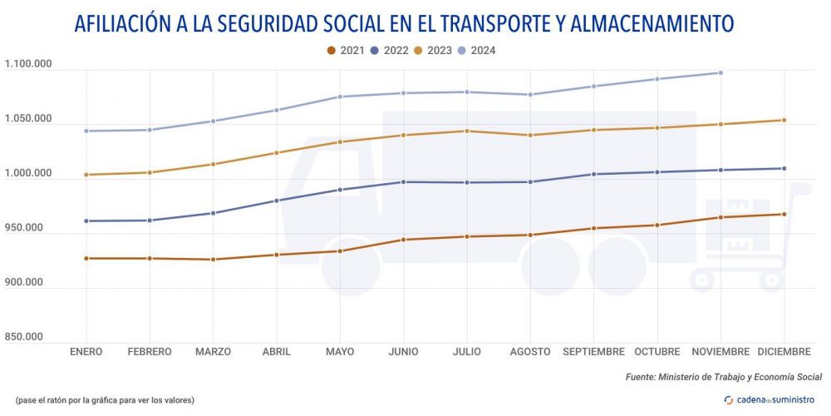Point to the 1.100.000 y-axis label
point(28,65)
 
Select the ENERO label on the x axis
point(86,352)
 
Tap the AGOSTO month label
point(530,352)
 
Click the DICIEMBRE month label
point(784,352)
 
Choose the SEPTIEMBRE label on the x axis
point(593,352)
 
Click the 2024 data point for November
point(720,73)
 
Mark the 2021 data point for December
point(784,215)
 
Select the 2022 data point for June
point(403,182)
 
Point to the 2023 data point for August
point(530,135)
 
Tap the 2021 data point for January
point(86,259)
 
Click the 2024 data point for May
point(340,97)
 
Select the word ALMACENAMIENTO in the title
point(648,23)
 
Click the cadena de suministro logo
point(769,400)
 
